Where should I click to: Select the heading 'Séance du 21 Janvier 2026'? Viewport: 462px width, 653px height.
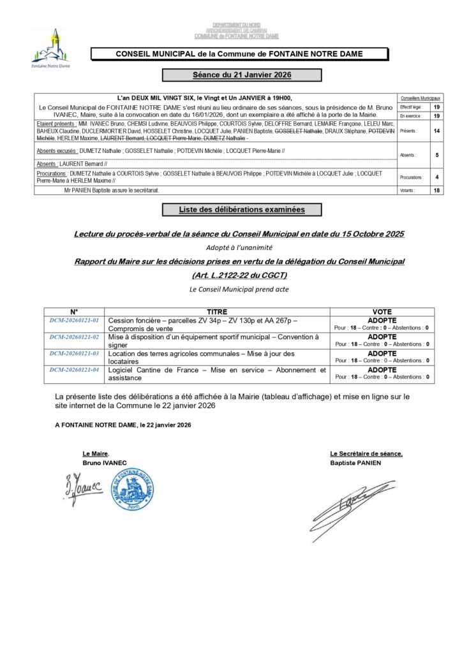coord(242,75)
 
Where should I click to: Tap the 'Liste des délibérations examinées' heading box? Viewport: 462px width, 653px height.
coord(241,209)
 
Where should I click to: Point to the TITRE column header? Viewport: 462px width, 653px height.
coord(218,311)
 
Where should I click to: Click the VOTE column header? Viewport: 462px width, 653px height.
coord(382,311)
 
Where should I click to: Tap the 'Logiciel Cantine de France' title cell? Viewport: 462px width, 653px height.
coord(217,374)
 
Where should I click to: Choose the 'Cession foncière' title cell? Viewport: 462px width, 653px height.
coord(217,324)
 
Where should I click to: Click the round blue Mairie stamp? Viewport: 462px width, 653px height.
coord(132,489)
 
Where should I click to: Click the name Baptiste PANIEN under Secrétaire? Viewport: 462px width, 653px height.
coord(355,462)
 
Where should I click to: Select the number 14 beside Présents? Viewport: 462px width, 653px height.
coord(436,130)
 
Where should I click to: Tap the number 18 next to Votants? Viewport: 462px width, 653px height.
coord(436,190)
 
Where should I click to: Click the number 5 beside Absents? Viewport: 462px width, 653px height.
coord(436,154)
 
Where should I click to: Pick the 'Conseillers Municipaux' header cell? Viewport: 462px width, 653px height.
coord(419,99)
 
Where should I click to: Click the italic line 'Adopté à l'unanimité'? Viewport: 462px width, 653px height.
coord(239,247)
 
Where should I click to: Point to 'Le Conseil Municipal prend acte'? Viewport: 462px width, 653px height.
coord(239,289)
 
